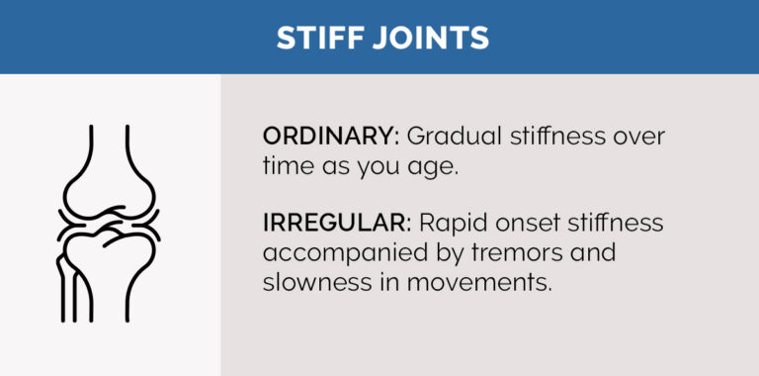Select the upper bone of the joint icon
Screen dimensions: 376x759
(x=110, y=168)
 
